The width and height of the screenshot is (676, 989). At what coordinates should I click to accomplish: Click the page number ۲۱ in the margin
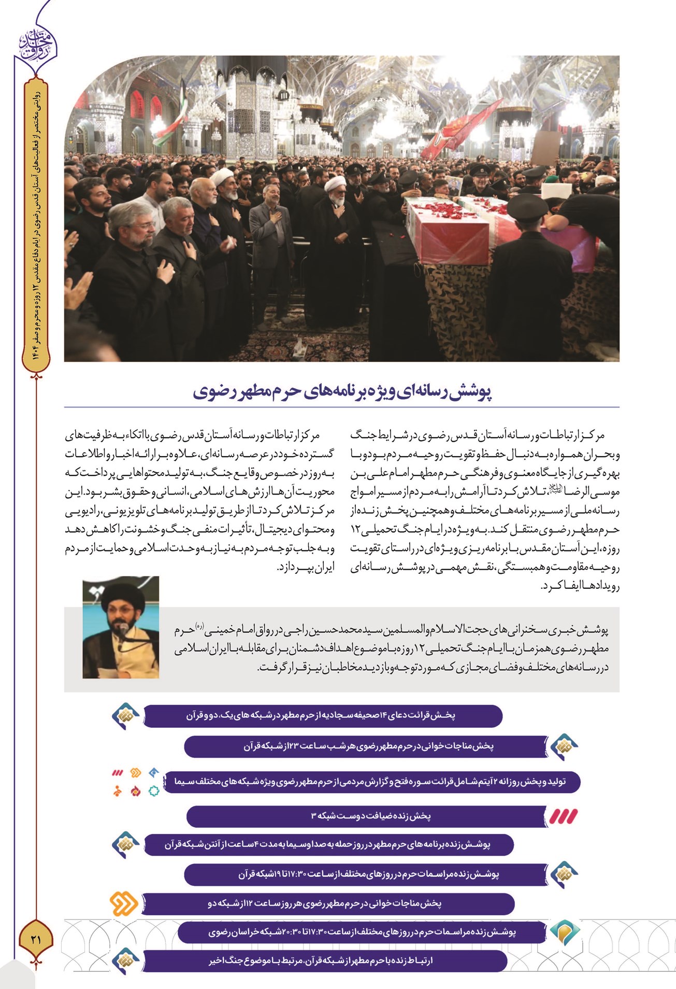[36, 938]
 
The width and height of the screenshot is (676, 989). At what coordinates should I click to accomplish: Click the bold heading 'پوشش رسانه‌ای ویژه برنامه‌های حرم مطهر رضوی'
[342, 392]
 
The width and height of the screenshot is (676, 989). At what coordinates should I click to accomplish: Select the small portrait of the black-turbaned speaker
[121, 627]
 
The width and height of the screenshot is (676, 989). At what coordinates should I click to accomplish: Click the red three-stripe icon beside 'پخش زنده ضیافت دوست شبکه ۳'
[563, 816]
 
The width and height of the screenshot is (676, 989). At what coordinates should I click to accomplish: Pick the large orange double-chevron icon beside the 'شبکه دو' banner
[124, 903]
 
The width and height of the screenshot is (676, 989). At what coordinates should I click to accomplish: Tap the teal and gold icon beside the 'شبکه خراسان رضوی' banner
[564, 931]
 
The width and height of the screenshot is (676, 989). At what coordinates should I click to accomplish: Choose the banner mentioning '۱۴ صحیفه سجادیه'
[322, 716]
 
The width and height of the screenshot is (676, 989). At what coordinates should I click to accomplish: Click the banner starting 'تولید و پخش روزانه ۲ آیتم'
[372, 781]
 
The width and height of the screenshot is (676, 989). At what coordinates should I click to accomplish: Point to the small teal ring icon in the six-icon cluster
[153, 791]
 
